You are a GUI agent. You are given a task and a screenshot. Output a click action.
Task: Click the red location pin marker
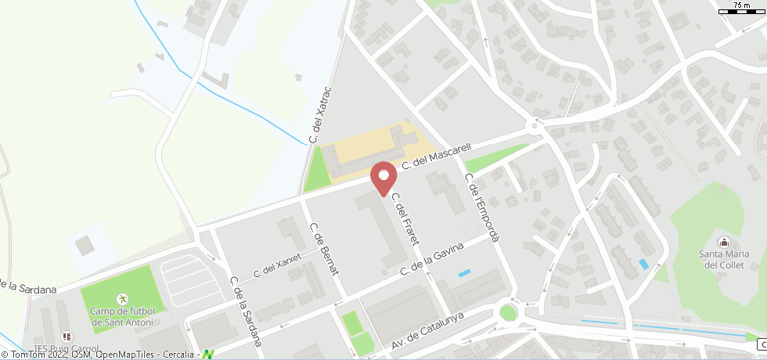coord(383,177)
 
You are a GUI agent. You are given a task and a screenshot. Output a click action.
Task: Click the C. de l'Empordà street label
coord(482,207)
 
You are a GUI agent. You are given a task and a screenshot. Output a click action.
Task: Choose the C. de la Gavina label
coord(433,258)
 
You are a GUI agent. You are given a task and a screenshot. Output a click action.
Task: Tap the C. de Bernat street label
coord(325,249)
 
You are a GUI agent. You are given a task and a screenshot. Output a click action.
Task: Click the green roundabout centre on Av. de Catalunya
coord(509,313)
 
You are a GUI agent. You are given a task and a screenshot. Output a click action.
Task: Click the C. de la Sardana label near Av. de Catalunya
coord(243,311)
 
